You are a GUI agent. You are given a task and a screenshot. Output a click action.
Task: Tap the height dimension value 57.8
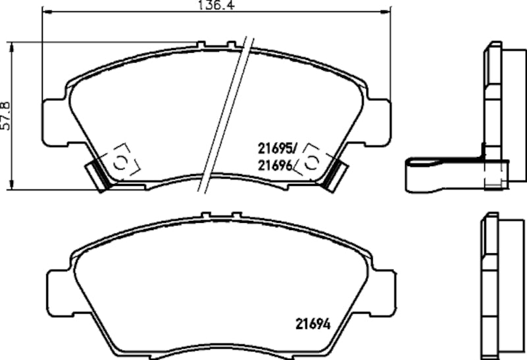(x=6, y=116)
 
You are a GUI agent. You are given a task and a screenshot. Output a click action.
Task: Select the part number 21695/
(x=277, y=149)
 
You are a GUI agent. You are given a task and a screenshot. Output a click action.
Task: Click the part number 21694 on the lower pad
(x=310, y=324)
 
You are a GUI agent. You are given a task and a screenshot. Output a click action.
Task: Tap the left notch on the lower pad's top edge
(x=206, y=215)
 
